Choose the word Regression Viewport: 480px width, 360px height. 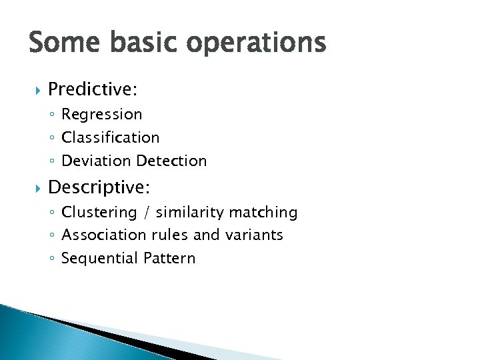point(101,115)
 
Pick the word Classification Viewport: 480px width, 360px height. point(110,137)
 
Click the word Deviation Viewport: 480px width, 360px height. point(96,161)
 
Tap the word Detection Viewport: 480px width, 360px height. point(171,161)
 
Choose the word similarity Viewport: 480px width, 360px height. point(190,213)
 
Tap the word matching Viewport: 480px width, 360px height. point(263,213)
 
